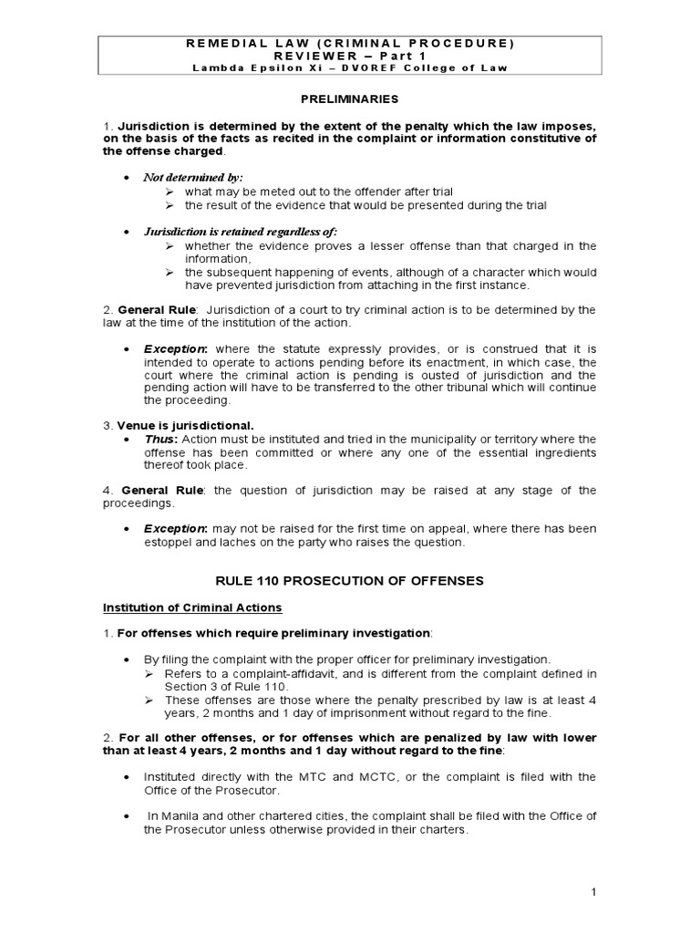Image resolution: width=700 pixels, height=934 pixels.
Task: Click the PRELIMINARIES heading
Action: click(x=349, y=98)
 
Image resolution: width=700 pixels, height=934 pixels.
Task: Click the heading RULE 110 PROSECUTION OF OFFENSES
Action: click(x=349, y=580)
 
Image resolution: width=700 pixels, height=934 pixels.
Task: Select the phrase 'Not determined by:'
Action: click(x=193, y=177)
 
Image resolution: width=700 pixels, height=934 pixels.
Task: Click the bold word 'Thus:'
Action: click(x=160, y=439)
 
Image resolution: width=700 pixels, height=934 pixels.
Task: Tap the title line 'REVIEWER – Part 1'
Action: click(x=350, y=55)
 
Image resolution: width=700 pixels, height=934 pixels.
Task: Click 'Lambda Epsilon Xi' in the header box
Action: click(x=242, y=67)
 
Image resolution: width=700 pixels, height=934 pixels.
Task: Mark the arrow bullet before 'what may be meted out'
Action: click(x=170, y=192)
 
